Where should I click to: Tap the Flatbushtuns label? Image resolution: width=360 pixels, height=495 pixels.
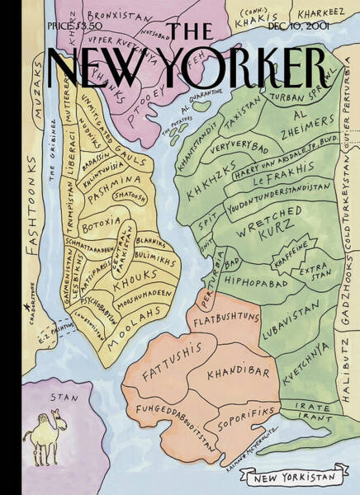(x=225, y=316)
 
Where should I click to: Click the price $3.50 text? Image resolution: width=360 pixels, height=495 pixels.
(x=69, y=27)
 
